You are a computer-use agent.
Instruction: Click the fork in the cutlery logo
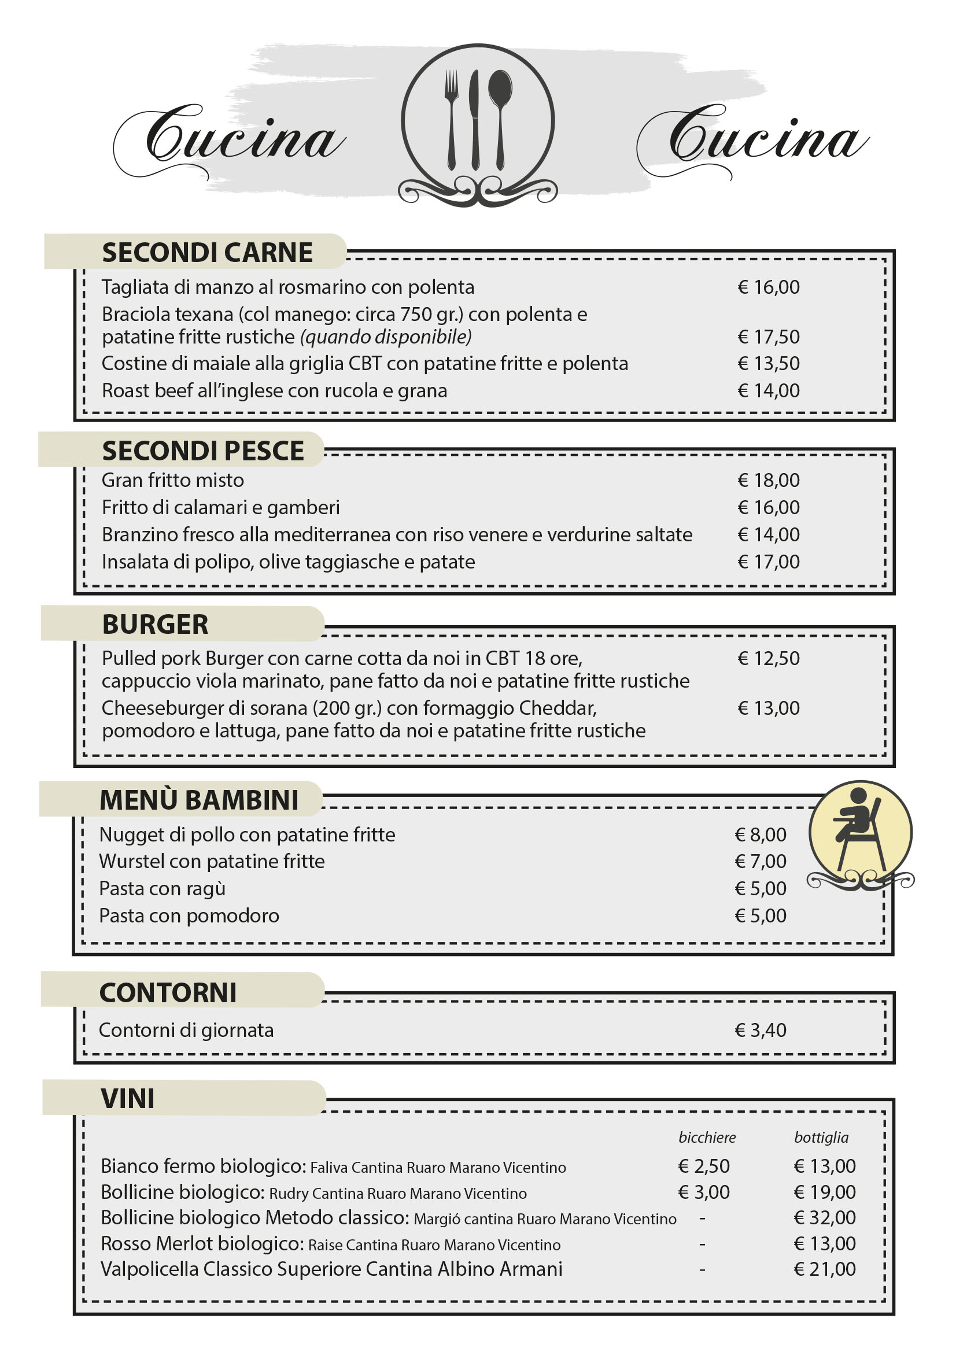pos(452,119)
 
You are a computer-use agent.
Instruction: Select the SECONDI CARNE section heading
pos(207,252)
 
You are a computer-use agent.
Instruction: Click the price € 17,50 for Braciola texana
pos(768,337)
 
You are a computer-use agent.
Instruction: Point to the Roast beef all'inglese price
pos(768,390)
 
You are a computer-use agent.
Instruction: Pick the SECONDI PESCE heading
pos(203,451)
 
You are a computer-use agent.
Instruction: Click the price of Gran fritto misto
pos(768,480)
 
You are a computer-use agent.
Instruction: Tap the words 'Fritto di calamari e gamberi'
pos(221,508)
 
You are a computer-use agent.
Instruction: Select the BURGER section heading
pos(155,624)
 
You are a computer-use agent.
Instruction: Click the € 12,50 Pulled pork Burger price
pos(768,658)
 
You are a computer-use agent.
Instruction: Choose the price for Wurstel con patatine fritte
pos(761,861)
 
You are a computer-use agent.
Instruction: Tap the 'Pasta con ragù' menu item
pos(163,888)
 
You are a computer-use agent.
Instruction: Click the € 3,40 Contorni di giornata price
pos(761,1030)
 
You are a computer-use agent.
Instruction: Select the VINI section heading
pos(127,1098)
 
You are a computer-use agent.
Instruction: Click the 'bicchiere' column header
pos(707,1138)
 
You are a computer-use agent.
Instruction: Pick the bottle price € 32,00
pos(825,1217)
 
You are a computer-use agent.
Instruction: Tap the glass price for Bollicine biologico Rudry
pos(704,1192)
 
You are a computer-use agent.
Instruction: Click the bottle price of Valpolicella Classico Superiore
pos(825,1269)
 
